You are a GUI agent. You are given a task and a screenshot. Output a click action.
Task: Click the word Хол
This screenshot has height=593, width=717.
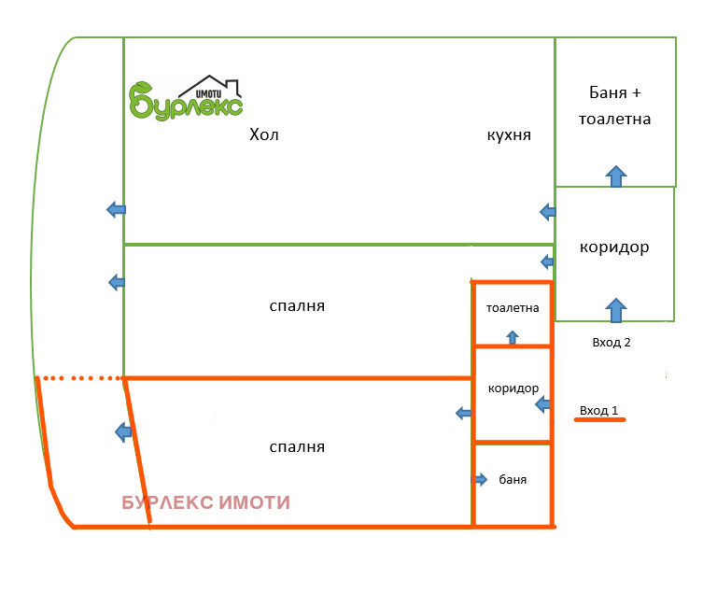click(x=264, y=135)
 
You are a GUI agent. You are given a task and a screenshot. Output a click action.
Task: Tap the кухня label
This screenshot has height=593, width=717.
click(x=509, y=135)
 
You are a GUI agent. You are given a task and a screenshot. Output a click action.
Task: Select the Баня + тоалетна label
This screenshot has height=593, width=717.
click(x=614, y=106)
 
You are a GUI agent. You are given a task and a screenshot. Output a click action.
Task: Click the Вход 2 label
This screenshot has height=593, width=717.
click(x=612, y=343)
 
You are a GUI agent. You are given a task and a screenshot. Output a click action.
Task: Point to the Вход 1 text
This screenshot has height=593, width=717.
click(x=598, y=410)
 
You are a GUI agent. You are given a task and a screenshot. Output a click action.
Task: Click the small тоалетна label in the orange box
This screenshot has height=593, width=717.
click(x=513, y=308)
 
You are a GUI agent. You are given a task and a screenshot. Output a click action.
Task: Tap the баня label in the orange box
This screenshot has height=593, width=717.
click(x=513, y=480)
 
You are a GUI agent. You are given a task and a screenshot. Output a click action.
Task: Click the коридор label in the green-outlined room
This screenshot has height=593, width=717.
click(x=613, y=248)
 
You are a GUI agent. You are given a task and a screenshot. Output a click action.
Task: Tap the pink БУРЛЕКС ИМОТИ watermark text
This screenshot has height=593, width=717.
click(x=205, y=503)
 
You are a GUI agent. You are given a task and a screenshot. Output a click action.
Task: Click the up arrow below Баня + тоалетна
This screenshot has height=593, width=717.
click(x=615, y=176)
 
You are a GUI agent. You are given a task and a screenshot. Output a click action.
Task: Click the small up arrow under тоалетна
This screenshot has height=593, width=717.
click(x=512, y=337)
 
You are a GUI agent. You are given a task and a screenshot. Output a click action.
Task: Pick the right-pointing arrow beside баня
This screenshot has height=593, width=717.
click(x=480, y=480)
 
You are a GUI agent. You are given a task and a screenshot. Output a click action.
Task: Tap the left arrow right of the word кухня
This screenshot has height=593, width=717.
click(x=547, y=212)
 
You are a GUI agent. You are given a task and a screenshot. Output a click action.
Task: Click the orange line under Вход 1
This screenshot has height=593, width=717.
click(x=599, y=421)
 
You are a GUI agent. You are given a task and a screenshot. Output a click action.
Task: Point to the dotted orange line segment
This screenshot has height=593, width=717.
click(x=80, y=378)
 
